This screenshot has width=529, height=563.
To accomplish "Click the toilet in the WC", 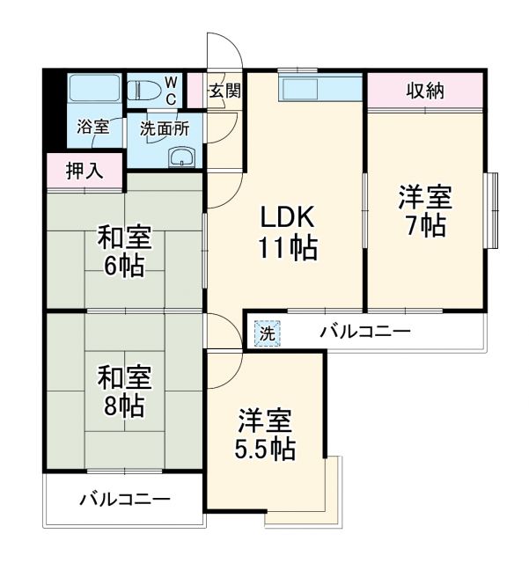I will (145, 89).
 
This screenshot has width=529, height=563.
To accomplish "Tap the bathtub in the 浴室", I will (94, 91).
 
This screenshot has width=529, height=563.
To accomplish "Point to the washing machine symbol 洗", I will (266, 333).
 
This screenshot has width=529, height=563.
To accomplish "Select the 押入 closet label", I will (84, 171).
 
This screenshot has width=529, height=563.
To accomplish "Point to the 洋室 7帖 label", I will (425, 210).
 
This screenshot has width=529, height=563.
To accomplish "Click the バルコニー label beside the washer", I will (364, 333).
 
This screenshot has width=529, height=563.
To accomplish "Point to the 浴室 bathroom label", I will (94, 127).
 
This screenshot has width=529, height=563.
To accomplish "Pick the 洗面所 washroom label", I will (165, 127).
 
